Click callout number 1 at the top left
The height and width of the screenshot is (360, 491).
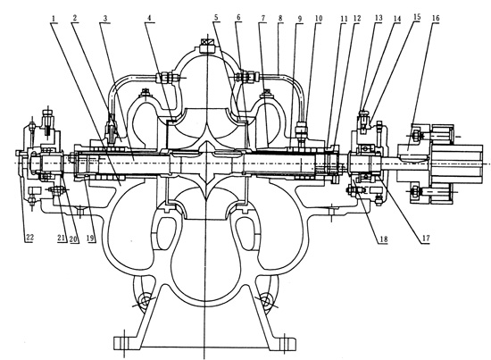pyautogui.click(x=54, y=19)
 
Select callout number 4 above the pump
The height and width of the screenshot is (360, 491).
pyautogui.click(x=150, y=18)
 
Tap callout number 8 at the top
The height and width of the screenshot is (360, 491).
pyautogui.click(x=280, y=18)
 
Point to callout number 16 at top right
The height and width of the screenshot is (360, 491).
pyautogui.click(x=436, y=18)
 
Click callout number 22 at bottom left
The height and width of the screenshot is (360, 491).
pyautogui.click(x=29, y=238)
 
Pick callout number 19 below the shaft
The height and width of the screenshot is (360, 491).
pyautogui.click(x=91, y=239)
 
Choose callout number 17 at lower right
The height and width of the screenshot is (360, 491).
pyautogui.click(x=426, y=239)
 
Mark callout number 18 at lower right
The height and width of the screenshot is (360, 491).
pyautogui.click(x=384, y=239)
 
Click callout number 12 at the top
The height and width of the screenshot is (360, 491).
pyautogui.click(x=357, y=19)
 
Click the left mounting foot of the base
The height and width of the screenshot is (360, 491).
pyautogui.click(x=124, y=342)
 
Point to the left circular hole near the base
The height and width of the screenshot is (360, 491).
pyautogui.click(x=145, y=301)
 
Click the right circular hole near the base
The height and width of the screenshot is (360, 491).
pyautogui.click(x=265, y=301)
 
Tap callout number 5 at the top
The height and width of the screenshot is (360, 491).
pyautogui.click(x=216, y=18)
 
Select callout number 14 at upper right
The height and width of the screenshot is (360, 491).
pyautogui.click(x=397, y=19)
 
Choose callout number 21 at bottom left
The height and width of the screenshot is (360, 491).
pyautogui.click(x=62, y=239)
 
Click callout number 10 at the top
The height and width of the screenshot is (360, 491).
pyautogui.click(x=319, y=18)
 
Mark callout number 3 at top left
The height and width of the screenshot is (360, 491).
pyautogui.click(x=105, y=19)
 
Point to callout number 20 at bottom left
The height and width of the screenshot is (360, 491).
pyautogui.click(x=73, y=239)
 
